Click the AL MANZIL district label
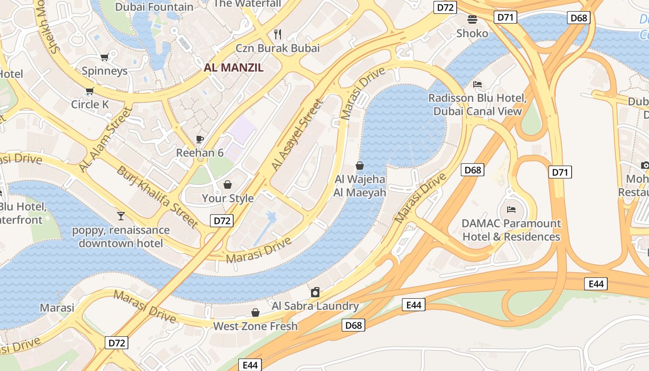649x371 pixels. click(234, 68)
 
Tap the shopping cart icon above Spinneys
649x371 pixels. click(104, 58)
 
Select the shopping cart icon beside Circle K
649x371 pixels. click(89, 91)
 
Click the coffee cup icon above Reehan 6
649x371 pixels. click(200, 139)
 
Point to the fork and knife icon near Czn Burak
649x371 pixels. click(278, 34)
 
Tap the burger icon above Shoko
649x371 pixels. click(472, 19)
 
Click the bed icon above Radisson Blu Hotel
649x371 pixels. click(477, 84)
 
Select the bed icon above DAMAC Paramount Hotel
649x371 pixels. click(511, 210)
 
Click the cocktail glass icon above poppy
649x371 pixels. click(121, 216)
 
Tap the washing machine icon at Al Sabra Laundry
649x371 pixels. click(315, 292)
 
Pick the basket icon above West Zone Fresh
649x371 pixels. click(255, 313)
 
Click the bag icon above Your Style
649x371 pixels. click(228, 185)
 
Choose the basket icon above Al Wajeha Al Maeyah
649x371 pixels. click(359, 165)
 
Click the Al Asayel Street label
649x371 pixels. click(297, 134)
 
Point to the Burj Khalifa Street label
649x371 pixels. click(158, 197)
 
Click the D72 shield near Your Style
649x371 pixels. click(222, 221)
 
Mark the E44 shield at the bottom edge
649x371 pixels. click(250, 365)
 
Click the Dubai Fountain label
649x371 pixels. click(154, 7)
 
